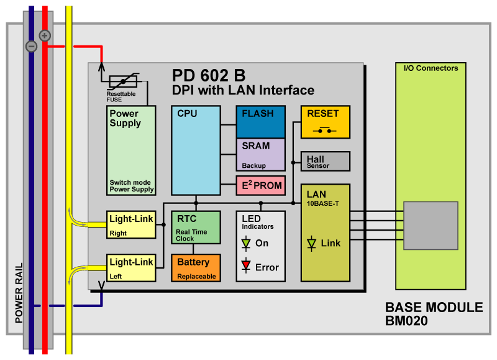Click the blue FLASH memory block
(260, 121)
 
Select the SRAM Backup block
(260, 154)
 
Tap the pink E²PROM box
(260, 185)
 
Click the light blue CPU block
(196, 149)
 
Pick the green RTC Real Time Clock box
(196, 227)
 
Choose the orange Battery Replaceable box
(196, 267)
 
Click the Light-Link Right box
(131, 224)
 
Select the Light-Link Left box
(131, 267)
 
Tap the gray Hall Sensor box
(325, 160)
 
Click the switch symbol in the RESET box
(325, 130)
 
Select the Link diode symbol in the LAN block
(311, 244)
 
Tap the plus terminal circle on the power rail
(45, 35)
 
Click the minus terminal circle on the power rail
(31, 46)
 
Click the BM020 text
(406, 321)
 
